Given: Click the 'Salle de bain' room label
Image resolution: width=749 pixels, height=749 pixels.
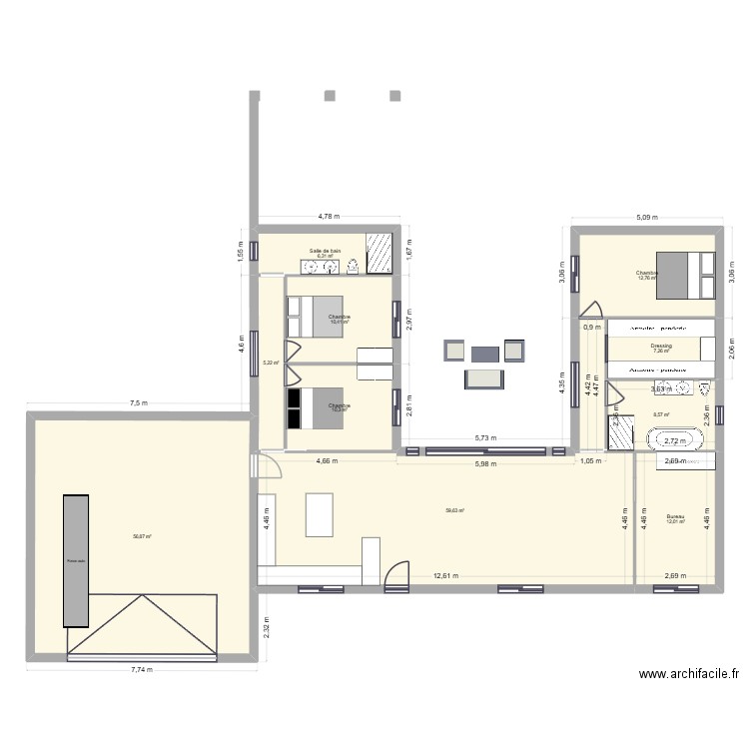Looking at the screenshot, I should point(326,251).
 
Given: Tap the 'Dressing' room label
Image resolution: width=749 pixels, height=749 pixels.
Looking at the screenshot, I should point(661,346).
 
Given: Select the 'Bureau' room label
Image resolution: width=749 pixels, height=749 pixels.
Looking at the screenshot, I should point(676,516).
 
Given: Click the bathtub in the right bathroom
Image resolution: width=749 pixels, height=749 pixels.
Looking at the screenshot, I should point(680,439).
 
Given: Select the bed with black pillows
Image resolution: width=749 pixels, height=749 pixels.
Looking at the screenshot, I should point(315,407).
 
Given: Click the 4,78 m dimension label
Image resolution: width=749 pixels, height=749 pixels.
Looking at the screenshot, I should point(329,217).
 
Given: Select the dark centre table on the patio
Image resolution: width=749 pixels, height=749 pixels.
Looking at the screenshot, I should point(485,354).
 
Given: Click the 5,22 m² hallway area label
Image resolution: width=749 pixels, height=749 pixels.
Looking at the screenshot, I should point(270,363).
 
